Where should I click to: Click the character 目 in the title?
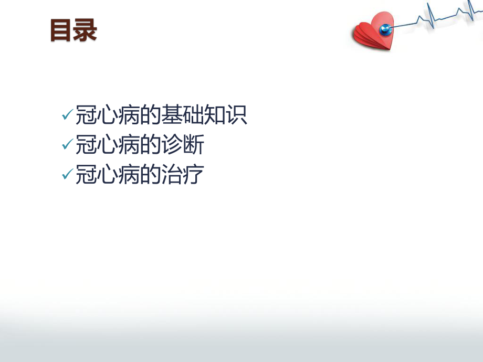point(61,30)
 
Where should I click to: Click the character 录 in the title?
point(85,30)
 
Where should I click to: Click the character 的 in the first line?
point(151,115)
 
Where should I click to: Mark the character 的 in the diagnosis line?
point(151,145)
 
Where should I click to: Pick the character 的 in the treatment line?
point(151,175)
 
